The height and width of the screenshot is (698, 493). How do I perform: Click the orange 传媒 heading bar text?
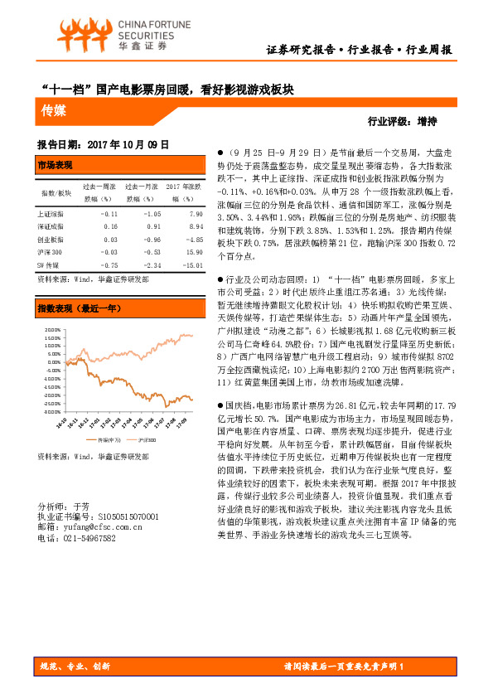point(55,109)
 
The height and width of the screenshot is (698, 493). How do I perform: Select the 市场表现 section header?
point(56,166)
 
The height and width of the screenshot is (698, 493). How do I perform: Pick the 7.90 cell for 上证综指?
point(196,213)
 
